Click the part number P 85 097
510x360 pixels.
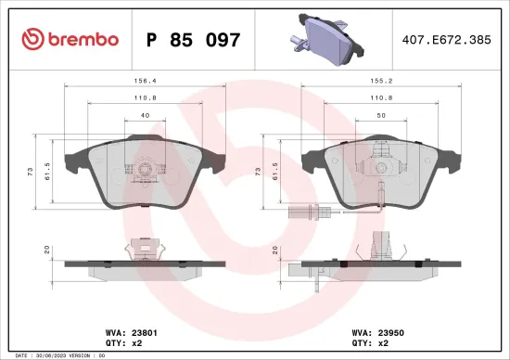tap(194, 39)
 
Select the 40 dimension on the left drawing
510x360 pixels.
tap(144, 114)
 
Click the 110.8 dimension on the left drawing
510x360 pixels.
tap(144, 96)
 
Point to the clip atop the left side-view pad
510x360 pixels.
tap(143, 246)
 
